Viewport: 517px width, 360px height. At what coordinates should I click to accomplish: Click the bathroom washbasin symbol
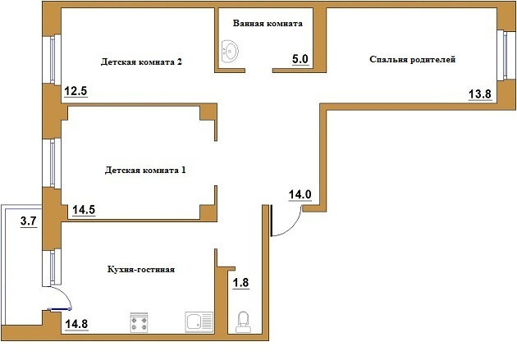tap(230, 52)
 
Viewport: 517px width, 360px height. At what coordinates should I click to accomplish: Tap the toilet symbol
tap(244, 322)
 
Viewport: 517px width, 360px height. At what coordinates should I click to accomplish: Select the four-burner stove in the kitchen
tap(139, 322)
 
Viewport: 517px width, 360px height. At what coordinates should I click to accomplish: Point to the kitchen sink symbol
tap(199, 321)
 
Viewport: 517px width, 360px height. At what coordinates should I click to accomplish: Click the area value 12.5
tap(75, 91)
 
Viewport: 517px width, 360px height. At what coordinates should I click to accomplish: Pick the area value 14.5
tap(84, 210)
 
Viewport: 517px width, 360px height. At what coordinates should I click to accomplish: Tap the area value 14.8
tap(76, 324)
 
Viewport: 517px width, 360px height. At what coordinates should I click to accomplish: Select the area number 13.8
tap(480, 94)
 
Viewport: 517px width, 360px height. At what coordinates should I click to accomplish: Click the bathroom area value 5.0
tap(300, 59)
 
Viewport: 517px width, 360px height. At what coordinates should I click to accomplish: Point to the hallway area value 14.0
tap(300, 194)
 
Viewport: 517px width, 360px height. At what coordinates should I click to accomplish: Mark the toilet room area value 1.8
tap(241, 283)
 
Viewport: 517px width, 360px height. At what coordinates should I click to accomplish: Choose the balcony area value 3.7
tap(29, 221)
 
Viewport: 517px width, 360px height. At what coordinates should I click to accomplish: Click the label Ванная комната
tap(268, 24)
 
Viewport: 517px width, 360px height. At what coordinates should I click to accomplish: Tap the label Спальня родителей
tap(413, 60)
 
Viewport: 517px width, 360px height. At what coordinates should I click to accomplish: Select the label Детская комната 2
tap(141, 62)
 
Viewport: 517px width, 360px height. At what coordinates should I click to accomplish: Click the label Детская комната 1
tap(145, 171)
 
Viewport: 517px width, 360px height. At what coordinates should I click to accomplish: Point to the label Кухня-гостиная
tap(141, 270)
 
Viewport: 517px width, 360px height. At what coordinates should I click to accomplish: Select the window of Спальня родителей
tap(505, 55)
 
